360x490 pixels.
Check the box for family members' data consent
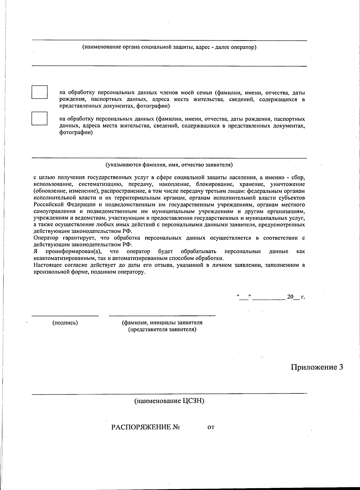pos(40,92)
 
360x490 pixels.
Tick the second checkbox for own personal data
pos(40,118)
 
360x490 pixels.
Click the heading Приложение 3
pos(317,367)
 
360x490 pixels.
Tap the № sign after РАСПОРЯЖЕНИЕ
pos(176,427)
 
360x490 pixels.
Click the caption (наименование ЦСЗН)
pos(169,401)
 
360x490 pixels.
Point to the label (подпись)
pos(65,323)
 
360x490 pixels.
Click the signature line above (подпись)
pos(65,315)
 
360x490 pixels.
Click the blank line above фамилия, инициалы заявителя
pos(162,315)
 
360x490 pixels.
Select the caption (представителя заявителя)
pos(162,330)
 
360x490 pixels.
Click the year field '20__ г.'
pos(295,297)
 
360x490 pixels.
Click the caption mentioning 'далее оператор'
pos(169,47)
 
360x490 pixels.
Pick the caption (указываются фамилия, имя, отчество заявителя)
pos(169,165)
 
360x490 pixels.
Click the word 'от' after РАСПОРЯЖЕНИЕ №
pos(211,427)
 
